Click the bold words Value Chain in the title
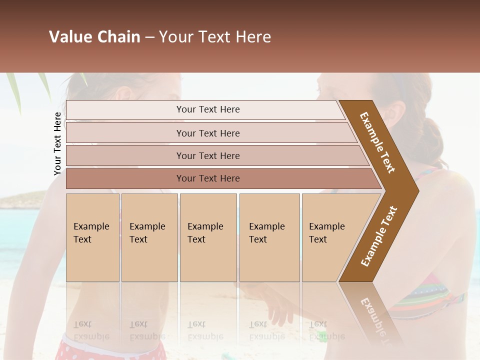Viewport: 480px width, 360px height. pyautogui.click(x=94, y=37)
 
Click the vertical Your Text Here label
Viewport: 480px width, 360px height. pyautogui.click(x=57, y=143)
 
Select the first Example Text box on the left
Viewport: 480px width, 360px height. pyautogui.click(x=92, y=237)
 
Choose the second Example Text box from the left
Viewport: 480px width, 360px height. pyautogui.click(x=149, y=237)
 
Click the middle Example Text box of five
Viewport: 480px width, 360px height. pyautogui.click(x=208, y=237)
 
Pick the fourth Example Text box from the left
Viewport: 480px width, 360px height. pyautogui.click(x=269, y=237)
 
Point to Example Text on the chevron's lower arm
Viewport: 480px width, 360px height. pyautogui.click(x=379, y=236)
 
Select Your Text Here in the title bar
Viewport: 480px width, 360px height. pyautogui.click(x=215, y=37)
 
